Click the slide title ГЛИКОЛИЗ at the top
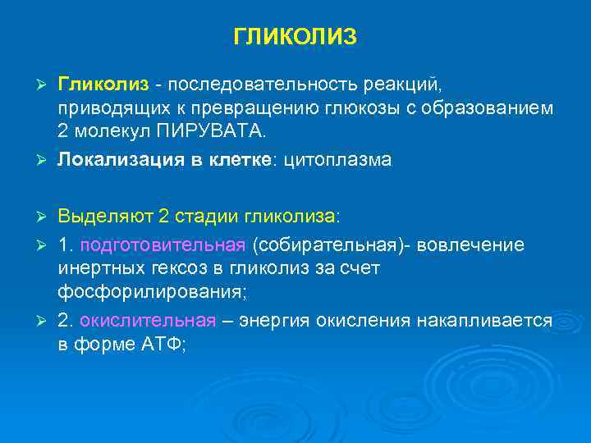click(295, 37)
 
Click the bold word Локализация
click(113, 160)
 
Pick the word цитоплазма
click(337, 160)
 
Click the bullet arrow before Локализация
click(46, 160)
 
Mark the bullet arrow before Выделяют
click(46, 216)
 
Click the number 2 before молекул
click(62, 132)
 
